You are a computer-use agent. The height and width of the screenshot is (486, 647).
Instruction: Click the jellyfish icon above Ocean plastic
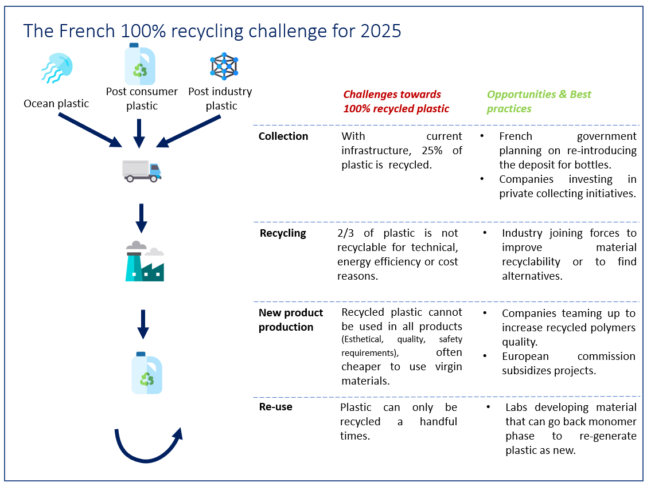[x=57, y=68]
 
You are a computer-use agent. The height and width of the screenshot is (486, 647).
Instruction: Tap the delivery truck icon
[x=142, y=171]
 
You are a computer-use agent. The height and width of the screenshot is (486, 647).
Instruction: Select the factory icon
[x=145, y=261]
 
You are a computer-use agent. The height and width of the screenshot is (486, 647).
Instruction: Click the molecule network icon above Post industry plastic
[x=224, y=66]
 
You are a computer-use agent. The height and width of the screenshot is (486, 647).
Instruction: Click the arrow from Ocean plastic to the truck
[x=90, y=130]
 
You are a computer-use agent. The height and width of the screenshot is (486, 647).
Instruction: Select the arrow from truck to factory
[x=141, y=218]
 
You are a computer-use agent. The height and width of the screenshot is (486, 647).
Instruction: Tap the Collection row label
[x=283, y=136]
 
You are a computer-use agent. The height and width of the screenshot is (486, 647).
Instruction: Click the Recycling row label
[x=283, y=233]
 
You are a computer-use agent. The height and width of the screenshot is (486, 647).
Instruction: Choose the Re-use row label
[x=276, y=407]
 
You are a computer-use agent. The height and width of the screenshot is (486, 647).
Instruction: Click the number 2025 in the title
[x=380, y=32]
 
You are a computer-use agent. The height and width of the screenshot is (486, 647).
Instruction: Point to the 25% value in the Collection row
[x=432, y=151]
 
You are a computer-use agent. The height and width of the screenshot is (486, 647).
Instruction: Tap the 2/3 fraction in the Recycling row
[x=345, y=233]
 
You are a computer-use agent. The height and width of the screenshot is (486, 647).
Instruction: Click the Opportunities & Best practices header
[x=539, y=101]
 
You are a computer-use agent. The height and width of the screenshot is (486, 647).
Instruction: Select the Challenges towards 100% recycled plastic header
[x=396, y=101]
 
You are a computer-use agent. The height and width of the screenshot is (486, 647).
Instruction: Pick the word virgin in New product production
[x=449, y=367]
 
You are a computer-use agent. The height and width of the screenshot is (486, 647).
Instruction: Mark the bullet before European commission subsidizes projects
[x=485, y=356]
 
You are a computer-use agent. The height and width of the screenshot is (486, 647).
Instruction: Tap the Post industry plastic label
[x=220, y=99]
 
